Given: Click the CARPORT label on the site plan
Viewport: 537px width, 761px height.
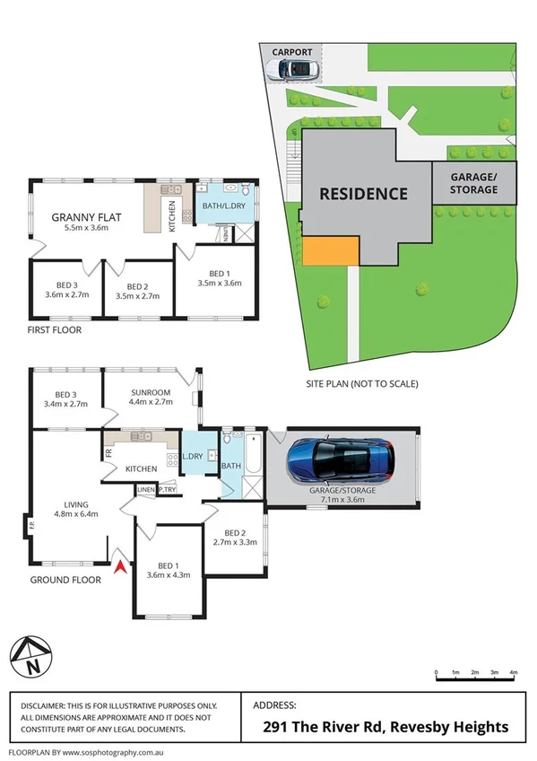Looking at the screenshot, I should point(294,51).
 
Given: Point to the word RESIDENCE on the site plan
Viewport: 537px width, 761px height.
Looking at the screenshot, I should point(363,193).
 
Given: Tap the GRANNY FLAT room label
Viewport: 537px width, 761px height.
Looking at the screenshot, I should point(80,216).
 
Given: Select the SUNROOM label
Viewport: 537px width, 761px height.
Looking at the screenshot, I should point(150,392).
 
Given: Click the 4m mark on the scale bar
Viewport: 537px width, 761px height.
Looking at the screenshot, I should point(514,671).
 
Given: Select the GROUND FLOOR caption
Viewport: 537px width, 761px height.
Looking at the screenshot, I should point(65,580).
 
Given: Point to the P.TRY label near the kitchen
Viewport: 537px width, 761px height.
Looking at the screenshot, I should point(168,489).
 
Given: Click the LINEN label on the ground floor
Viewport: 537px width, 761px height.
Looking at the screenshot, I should point(146,489).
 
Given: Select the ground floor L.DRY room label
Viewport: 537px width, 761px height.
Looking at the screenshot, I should point(193,457).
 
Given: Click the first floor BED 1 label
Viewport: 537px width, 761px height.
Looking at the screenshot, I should point(219,273).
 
